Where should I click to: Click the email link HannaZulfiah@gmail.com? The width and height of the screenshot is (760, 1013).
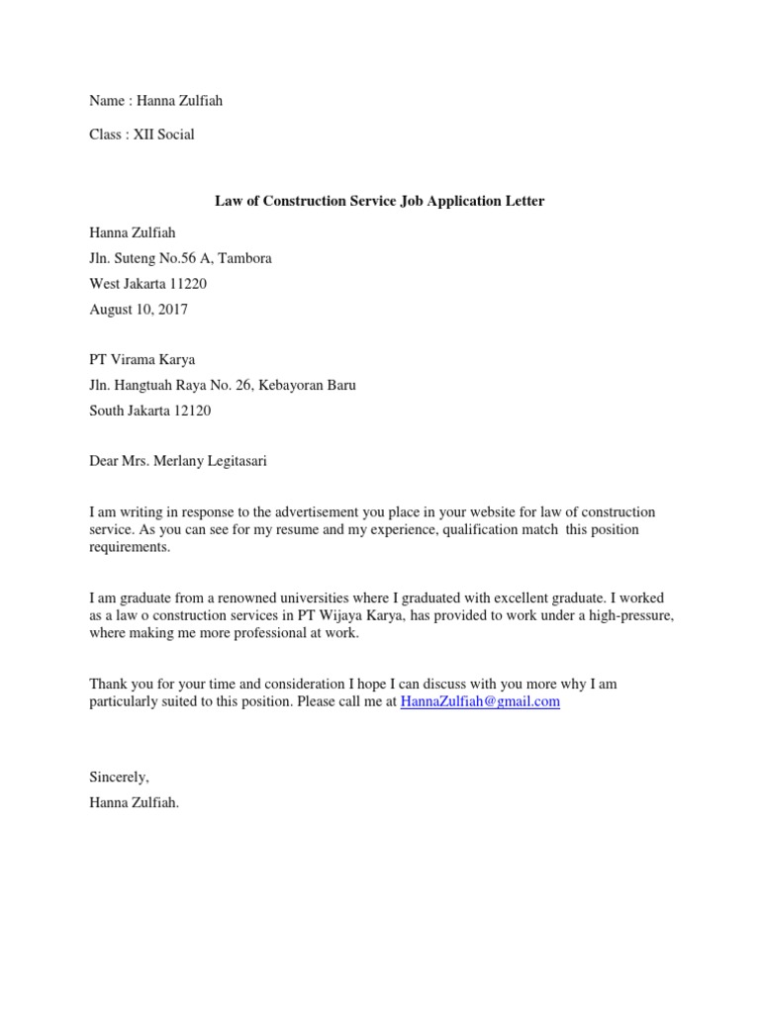[480, 701]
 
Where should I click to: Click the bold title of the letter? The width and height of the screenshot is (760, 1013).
[380, 201]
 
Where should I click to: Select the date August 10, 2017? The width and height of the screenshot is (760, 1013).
[139, 310]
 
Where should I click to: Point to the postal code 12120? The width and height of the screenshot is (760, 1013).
[191, 411]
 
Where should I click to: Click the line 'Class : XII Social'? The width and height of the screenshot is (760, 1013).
[142, 135]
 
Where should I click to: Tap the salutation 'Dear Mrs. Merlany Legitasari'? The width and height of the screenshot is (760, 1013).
[177, 461]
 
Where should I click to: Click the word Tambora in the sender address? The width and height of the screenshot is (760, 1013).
[244, 258]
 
